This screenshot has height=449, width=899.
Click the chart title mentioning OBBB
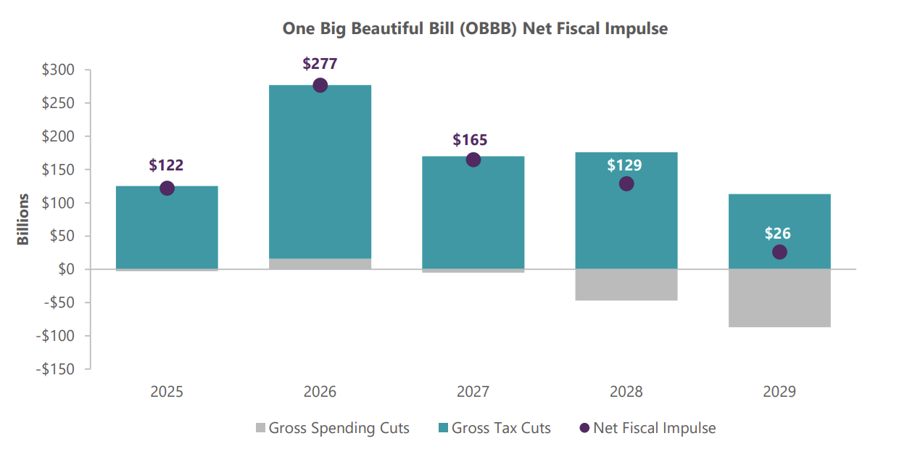click(x=474, y=29)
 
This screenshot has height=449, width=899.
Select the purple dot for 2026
click(x=320, y=85)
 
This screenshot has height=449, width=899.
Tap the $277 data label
click(x=320, y=64)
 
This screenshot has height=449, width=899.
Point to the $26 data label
click(x=778, y=234)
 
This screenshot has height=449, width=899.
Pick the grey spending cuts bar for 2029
click(x=779, y=298)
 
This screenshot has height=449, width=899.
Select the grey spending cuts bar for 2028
click(x=626, y=284)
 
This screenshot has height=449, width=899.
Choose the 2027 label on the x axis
click(x=473, y=392)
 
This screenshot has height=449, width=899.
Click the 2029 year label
click(x=779, y=392)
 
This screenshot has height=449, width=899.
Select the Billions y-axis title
click(x=24, y=219)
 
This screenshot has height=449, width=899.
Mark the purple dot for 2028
click(x=626, y=184)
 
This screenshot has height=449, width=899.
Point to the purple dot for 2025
click(x=167, y=189)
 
